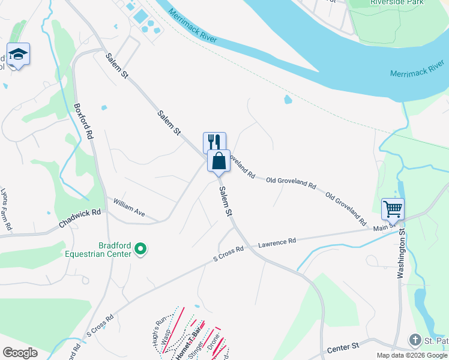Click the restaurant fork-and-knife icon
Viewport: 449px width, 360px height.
tap(214, 142)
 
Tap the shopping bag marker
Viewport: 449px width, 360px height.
tap(219, 160)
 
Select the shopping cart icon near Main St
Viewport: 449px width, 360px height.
tap(393, 209)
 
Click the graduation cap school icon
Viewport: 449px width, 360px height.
tap(18, 55)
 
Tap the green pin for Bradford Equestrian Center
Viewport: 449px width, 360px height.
tap(140, 248)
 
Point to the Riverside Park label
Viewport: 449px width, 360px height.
tap(397, 2)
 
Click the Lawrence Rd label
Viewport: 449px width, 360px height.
tap(277, 242)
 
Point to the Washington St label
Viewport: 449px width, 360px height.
tap(401, 252)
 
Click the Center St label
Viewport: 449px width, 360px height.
tap(342, 349)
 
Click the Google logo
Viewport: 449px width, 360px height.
tap(20, 353)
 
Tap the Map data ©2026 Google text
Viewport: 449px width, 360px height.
tap(411, 355)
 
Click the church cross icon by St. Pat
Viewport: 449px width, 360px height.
tap(414, 340)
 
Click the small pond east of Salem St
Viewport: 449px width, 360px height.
tap(288, 100)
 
